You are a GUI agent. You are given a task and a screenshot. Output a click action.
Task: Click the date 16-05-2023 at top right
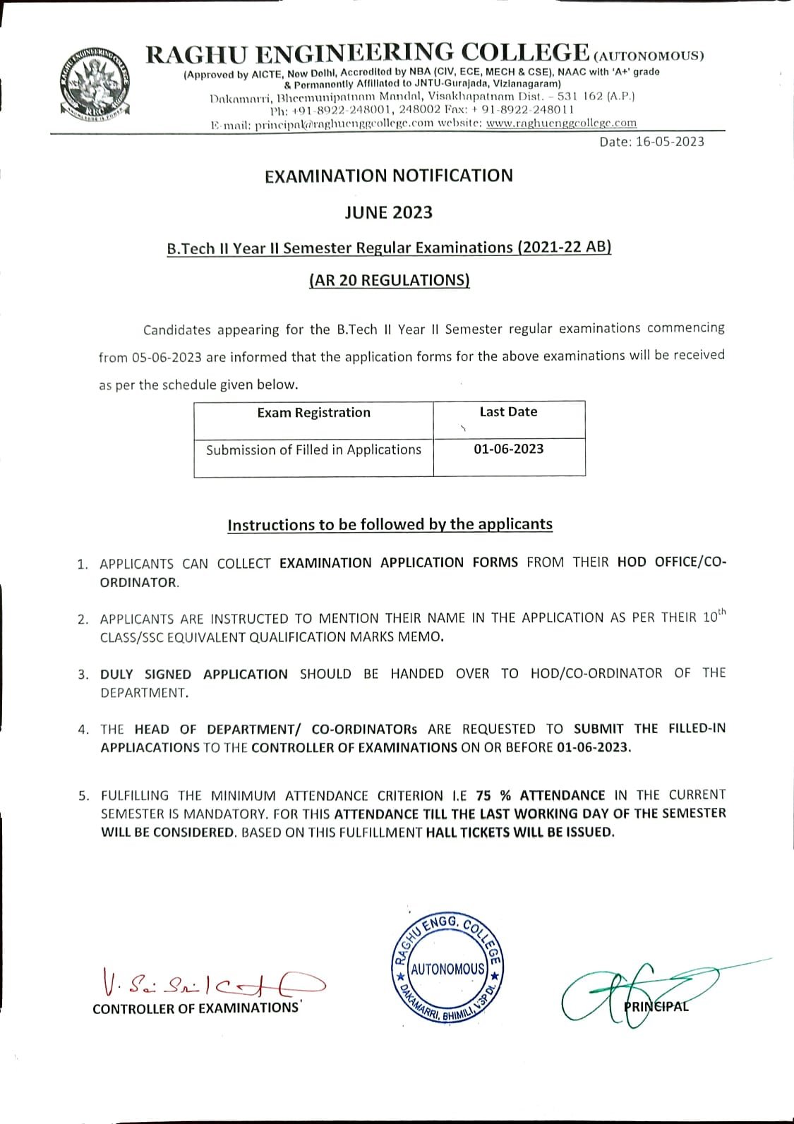click(x=651, y=142)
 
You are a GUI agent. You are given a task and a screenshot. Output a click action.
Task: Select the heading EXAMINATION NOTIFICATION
click(x=389, y=176)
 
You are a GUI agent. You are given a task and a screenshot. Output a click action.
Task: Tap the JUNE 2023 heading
click(x=388, y=212)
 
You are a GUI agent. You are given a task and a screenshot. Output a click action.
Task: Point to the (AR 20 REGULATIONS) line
click(x=389, y=280)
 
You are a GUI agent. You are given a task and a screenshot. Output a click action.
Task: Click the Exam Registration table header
click(x=313, y=413)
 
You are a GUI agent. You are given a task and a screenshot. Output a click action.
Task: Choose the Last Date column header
click(x=508, y=412)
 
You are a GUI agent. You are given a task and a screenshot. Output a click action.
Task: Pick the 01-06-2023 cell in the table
click(x=508, y=449)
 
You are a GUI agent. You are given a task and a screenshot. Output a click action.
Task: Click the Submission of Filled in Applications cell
click(x=313, y=449)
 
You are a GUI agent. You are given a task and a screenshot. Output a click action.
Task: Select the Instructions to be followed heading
click(x=390, y=524)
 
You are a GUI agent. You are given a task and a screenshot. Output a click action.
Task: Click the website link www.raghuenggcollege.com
click(x=561, y=123)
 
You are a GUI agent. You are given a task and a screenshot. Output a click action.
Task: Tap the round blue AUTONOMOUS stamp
click(x=447, y=967)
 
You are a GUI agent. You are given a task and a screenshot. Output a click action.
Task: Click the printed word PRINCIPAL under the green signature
click(x=656, y=1006)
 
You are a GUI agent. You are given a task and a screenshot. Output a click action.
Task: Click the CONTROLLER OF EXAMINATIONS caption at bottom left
click(x=196, y=1008)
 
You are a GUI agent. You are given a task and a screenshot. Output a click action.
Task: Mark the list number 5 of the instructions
click(x=83, y=796)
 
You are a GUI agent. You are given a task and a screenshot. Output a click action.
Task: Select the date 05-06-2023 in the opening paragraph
click(x=167, y=357)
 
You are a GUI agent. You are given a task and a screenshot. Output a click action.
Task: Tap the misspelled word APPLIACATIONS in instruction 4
click(x=150, y=747)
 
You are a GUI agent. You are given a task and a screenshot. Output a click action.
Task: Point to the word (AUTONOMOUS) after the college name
click(x=649, y=56)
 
